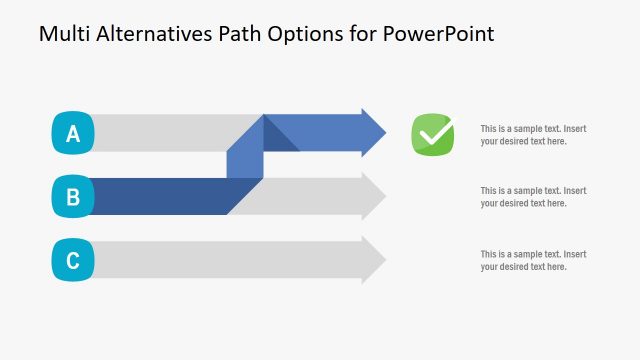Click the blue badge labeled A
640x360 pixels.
[72, 133]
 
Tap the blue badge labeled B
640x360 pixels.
[72, 197]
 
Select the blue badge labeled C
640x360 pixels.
[72, 261]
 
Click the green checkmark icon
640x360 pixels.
[433, 134]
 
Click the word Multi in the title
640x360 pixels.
[62, 34]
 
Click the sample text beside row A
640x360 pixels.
[533, 135]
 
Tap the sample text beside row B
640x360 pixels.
[533, 197]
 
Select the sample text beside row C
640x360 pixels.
[533, 260]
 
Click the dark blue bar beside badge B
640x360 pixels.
[160, 196]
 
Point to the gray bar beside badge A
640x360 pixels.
[170, 133]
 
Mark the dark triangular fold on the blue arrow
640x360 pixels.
[277, 138]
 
